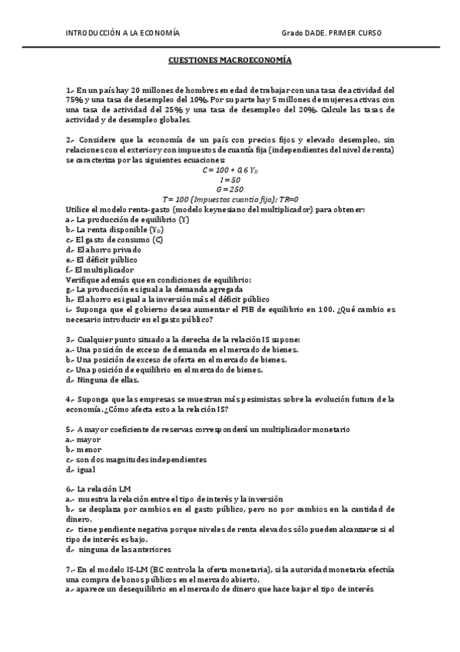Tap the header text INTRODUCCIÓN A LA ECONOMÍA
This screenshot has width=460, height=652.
[x=123, y=33]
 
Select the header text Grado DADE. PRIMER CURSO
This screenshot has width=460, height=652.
[x=332, y=33]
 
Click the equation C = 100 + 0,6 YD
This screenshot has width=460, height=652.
[x=230, y=169]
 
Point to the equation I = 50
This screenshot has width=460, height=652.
[x=230, y=179]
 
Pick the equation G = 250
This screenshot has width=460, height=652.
[x=230, y=189]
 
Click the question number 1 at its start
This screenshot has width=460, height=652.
[x=69, y=90]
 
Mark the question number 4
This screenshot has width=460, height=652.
[x=69, y=399]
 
